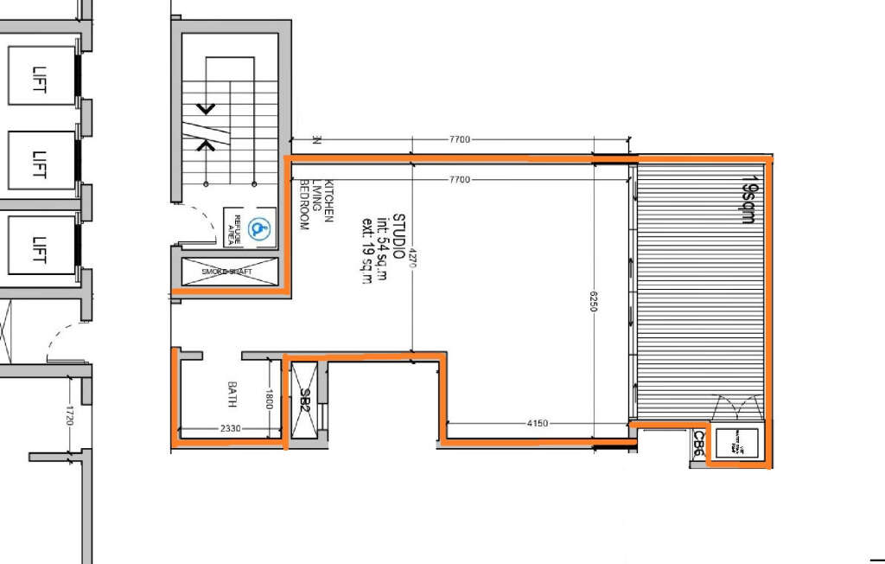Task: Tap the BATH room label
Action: (x=232, y=396)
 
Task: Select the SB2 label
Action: (x=304, y=400)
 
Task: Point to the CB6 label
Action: (x=698, y=445)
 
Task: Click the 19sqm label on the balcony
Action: (x=748, y=201)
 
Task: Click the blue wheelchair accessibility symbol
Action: (x=257, y=229)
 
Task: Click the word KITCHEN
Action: (x=328, y=208)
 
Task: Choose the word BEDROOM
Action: (x=303, y=205)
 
